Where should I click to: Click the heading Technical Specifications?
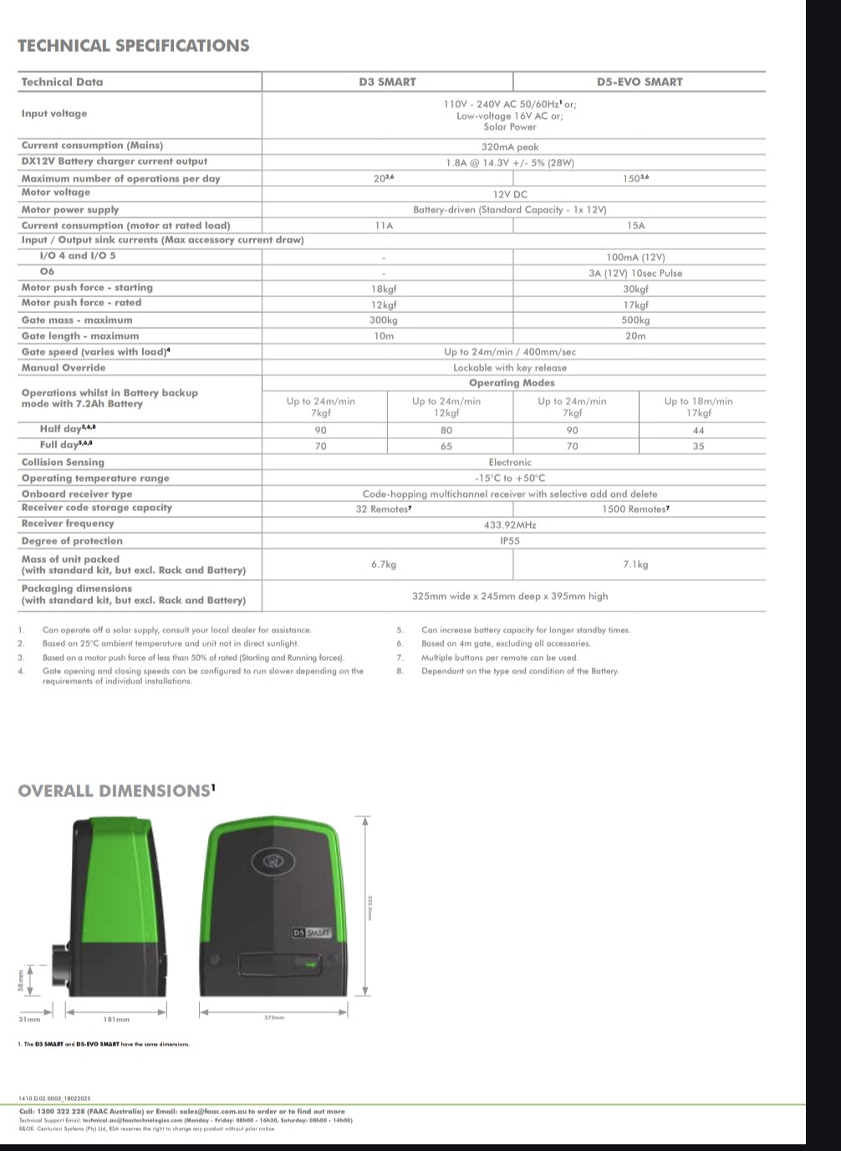point(133,46)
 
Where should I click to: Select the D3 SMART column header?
point(387,82)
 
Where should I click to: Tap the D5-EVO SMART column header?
point(639,82)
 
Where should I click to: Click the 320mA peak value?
point(510,147)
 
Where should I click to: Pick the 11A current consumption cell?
point(384,226)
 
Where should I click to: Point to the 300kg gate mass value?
point(384,320)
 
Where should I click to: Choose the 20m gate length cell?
point(635,336)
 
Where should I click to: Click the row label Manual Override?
point(64,368)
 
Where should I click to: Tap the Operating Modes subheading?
point(511,383)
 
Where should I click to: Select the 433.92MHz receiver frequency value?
point(510,525)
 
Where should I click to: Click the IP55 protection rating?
point(510,541)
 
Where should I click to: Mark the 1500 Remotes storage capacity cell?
point(635,509)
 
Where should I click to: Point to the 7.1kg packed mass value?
point(635,565)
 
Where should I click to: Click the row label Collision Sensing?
point(63,463)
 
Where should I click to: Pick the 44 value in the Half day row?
point(698,431)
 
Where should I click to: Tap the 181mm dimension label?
point(116,1020)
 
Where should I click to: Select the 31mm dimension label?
point(29,1020)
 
